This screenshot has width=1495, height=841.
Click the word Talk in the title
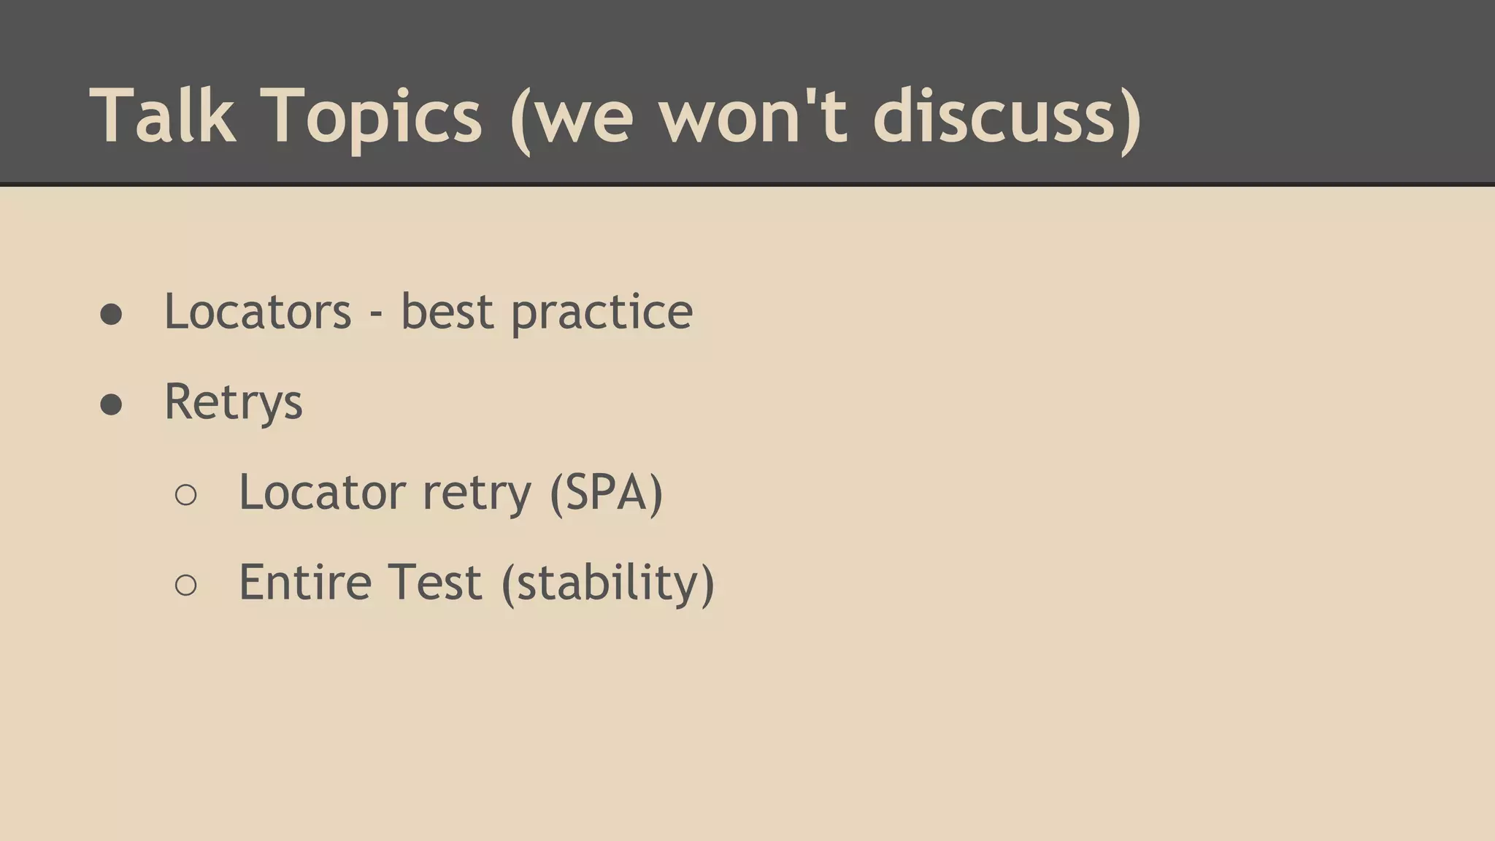click(163, 115)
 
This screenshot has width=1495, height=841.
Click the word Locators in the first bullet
click(258, 312)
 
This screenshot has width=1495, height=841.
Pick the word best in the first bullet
click(447, 312)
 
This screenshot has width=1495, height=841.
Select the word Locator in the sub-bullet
click(321, 492)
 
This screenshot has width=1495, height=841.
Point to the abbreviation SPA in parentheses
click(606, 492)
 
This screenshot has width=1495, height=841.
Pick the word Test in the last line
click(434, 583)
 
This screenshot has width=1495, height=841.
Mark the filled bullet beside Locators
click(111, 315)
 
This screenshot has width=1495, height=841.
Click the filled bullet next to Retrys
click(111, 404)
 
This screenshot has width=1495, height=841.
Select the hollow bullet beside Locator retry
click(186, 495)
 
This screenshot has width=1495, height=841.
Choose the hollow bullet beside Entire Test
click(186, 585)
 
